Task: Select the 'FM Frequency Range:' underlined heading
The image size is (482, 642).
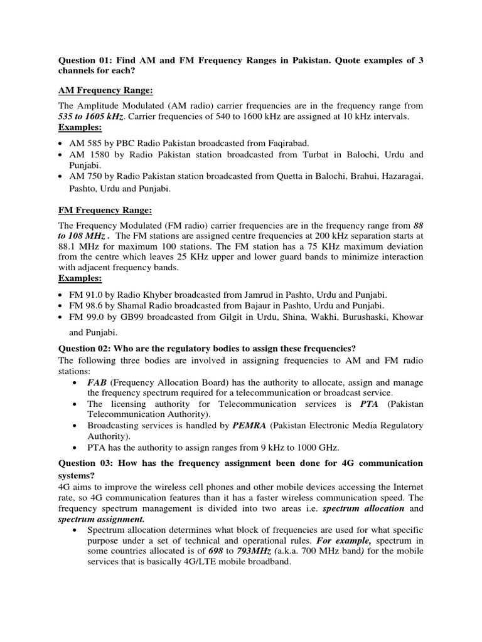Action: click(x=100, y=209)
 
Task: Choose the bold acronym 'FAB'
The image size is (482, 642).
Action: click(x=97, y=382)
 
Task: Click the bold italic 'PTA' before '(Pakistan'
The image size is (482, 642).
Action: click(x=370, y=404)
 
